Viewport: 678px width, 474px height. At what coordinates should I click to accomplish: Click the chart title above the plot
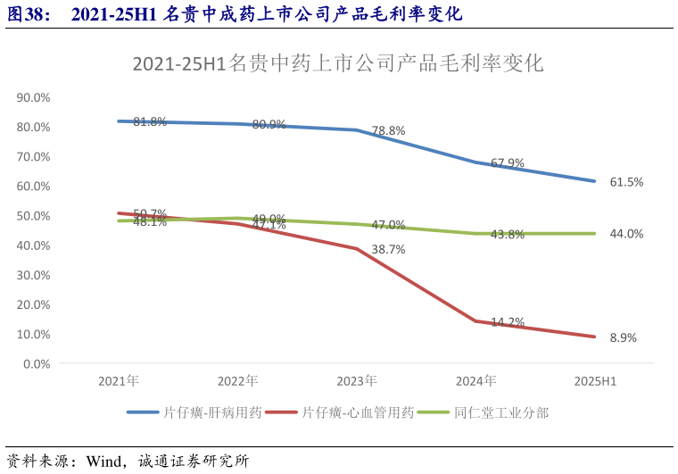pyautogui.click(x=337, y=63)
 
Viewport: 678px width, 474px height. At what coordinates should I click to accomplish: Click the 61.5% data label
pyautogui.click(x=626, y=182)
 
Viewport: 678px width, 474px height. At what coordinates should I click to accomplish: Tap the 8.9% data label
pyautogui.click(x=623, y=337)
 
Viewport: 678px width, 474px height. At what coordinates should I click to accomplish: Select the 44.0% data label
pyautogui.click(x=626, y=234)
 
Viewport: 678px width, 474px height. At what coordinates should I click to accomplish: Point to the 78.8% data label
pyautogui.click(x=388, y=130)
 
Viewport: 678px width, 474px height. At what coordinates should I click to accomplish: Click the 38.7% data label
pyautogui.click(x=388, y=250)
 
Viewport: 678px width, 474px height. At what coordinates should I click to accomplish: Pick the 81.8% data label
pyautogui.click(x=150, y=121)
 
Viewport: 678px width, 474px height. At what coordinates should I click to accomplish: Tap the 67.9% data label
pyautogui.click(x=508, y=163)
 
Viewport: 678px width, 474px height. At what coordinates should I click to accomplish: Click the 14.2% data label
pyautogui.click(x=508, y=322)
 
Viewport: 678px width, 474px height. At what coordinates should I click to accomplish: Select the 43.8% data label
pyautogui.click(x=508, y=234)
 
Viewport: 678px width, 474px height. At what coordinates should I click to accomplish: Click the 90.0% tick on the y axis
pyautogui.click(x=34, y=97)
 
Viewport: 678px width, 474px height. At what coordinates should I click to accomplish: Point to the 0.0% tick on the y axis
pyautogui.click(x=37, y=364)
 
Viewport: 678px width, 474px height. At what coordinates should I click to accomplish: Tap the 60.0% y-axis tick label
pyautogui.click(x=34, y=186)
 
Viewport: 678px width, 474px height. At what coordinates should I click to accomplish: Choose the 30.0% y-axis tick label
pyautogui.click(x=34, y=275)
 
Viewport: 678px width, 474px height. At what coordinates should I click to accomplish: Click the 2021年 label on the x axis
pyautogui.click(x=119, y=381)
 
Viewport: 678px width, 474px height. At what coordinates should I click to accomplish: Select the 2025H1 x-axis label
pyautogui.click(x=595, y=381)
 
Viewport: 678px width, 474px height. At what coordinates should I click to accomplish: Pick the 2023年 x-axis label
pyautogui.click(x=357, y=381)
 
